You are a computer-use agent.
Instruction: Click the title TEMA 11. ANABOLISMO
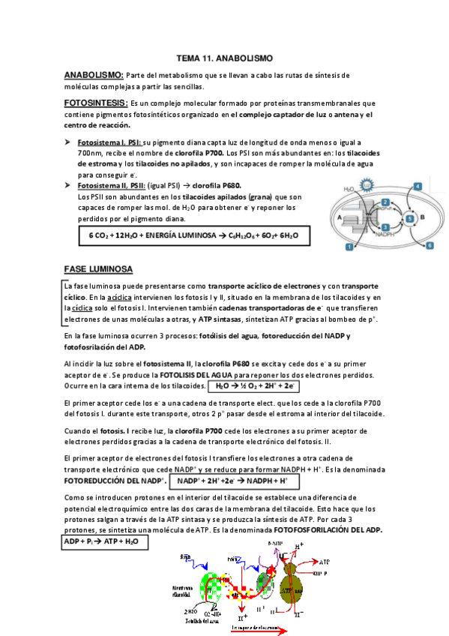point(224,58)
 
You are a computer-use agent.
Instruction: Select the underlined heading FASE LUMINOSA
point(99,268)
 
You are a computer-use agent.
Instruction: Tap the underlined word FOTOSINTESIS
point(96,103)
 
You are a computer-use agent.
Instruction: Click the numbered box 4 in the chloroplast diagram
point(417,186)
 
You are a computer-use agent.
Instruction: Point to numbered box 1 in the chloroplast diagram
point(349,246)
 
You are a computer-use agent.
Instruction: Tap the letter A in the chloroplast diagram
point(340,217)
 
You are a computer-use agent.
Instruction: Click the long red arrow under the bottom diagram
point(259,632)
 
